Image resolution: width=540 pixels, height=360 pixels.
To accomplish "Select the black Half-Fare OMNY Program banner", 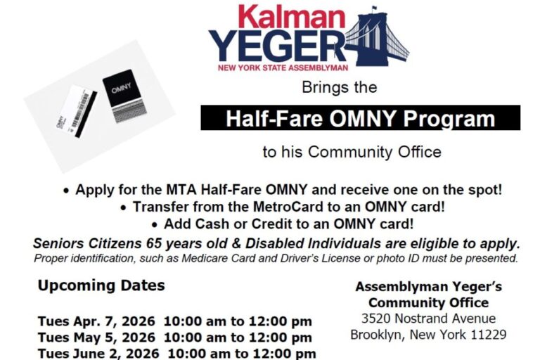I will [x=360, y=118].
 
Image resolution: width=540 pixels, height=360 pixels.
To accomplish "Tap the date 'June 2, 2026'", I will [x=117, y=353].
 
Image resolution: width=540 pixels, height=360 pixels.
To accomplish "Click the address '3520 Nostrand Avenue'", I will [x=428, y=319].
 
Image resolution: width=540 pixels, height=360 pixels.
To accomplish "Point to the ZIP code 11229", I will [x=489, y=335].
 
